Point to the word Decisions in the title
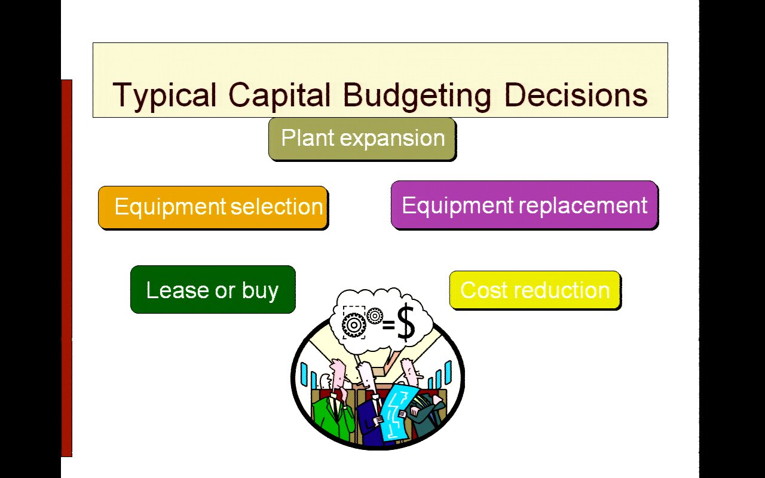coord(576,94)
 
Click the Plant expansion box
coord(362,139)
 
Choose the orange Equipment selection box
coord(213,207)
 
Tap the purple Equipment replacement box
coord(525,205)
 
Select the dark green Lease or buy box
coord(213,290)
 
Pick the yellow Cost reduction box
coord(535,290)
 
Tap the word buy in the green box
coord(260,291)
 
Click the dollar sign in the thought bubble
coord(406,323)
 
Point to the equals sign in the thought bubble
coord(388,325)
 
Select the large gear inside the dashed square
coord(354,324)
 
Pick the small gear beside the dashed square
coord(375,316)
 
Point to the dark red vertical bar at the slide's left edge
coord(66,268)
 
